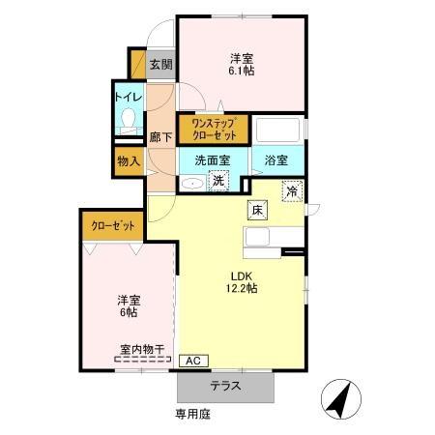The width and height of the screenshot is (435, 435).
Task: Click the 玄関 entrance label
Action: pos(161,66)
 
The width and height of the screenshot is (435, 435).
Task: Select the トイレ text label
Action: pos(128,97)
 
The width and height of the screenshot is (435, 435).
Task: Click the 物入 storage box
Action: pos(128,160)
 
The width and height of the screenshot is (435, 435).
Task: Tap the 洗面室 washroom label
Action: pos(212,160)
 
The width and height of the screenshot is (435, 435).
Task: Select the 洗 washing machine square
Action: pos(219,180)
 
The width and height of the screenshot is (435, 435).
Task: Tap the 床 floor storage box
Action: pos(258,210)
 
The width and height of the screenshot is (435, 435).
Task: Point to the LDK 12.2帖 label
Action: pos(243,280)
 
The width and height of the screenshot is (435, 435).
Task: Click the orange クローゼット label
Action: pos(113,225)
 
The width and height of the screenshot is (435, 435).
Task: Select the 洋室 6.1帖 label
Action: pos(242,63)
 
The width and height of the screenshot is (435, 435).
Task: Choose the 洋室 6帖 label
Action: pos(127,305)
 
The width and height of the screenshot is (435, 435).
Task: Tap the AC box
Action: pos(191,361)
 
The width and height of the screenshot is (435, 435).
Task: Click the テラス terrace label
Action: pos(225,386)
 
